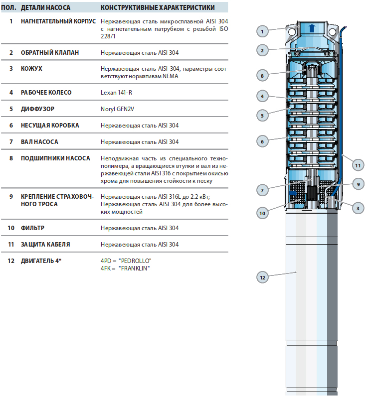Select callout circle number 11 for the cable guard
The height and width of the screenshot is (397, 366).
357,165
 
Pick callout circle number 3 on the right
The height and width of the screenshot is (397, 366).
357,208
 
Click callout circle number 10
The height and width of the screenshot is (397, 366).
262,213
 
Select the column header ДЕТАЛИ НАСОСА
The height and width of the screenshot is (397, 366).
45,8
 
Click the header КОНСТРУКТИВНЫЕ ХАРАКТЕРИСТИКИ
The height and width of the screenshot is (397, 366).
158,8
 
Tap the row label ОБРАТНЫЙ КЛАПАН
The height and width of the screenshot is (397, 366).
49,52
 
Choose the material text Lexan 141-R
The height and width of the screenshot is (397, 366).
116,93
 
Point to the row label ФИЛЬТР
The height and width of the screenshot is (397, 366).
33,228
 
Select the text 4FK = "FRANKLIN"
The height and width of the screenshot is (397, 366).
125,268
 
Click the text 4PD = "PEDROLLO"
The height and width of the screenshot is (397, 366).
126,261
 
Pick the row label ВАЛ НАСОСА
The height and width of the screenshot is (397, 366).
39,142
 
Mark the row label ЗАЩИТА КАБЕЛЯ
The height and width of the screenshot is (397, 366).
45,245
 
